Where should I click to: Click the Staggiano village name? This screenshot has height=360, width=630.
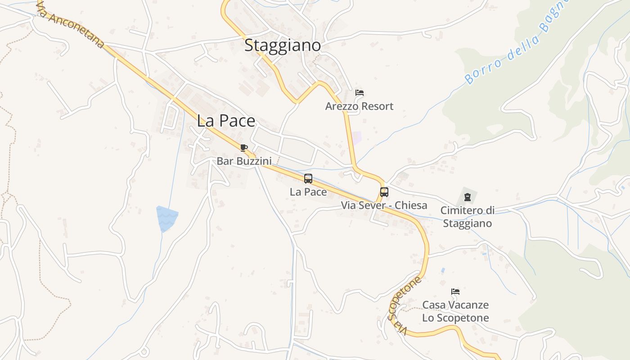coord(283,45)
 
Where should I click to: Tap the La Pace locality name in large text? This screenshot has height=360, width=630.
coord(226,121)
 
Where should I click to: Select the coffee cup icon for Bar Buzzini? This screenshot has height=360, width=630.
coord(244,148)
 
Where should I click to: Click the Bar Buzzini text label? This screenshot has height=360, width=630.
coord(244,161)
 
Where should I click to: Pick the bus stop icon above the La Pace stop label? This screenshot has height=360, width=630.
coord(308,179)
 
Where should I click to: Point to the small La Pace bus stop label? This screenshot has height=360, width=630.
coord(308,192)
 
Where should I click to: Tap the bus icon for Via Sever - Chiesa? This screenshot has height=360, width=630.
coord(384,192)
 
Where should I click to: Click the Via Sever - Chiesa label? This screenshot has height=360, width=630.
coord(384,206)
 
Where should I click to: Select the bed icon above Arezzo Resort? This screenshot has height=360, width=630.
coord(359,93)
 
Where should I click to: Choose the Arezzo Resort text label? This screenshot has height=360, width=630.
coord(359,106)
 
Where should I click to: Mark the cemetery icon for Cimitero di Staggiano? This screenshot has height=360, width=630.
coord(467,197)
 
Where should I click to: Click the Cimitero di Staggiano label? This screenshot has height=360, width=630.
coord(467,216)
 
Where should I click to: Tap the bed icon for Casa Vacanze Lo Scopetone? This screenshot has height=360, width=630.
coord(455,292)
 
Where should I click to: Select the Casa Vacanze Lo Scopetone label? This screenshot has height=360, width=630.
coord(455,311)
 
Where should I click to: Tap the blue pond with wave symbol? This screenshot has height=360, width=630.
coord(166,218)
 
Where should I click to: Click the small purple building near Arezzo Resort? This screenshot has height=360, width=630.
coord(357,137)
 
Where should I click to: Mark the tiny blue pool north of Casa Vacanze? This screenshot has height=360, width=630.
coord(443,270)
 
